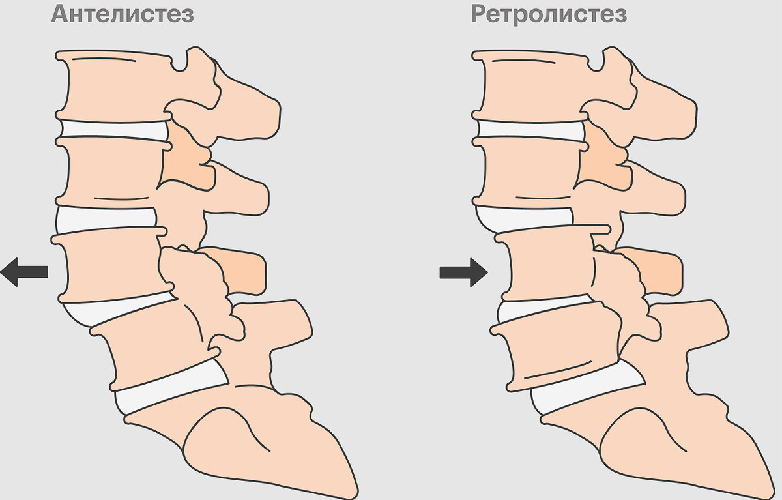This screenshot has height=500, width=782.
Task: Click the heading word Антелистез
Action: (123, 14)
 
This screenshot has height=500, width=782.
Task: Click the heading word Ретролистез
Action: (549, 14)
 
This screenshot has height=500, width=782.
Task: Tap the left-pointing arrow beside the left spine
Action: (25, 271)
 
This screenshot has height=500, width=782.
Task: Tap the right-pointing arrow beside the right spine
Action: (463, 271)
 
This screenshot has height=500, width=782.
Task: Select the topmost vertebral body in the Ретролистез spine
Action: (531, 85)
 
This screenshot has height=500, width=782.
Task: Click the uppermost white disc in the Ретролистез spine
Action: (528, 129)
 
